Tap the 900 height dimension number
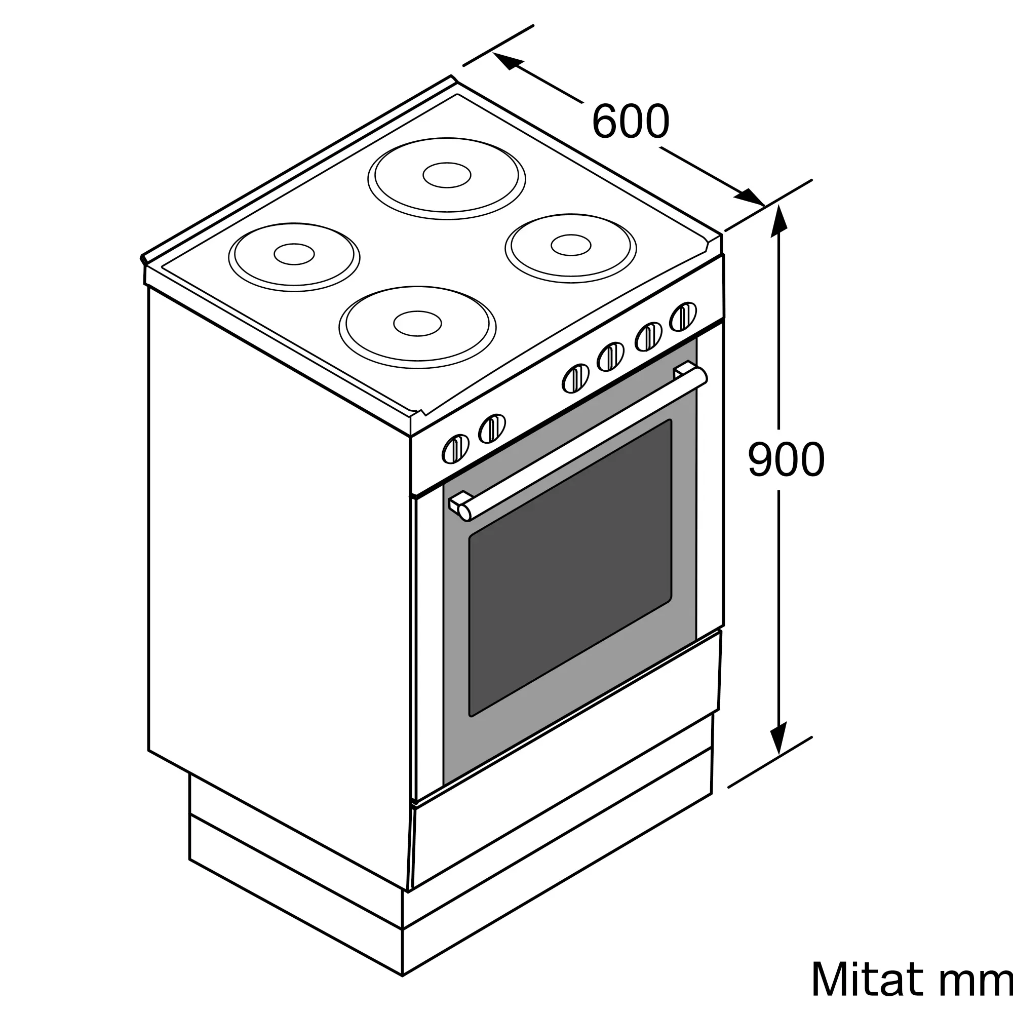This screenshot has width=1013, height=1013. (x=787, y=459)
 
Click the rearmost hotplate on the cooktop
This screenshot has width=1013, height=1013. (x=447, y=178)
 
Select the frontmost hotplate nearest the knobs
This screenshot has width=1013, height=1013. (x=417, y=327)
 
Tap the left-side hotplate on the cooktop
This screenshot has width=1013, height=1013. (x=294, y=257)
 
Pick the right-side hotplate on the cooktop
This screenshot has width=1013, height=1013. (x=570, y=248)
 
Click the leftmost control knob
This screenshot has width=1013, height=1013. (x=456, y=449)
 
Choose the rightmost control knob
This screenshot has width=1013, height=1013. (x=683, y=317)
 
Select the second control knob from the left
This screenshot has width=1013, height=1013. (x=492, y=428)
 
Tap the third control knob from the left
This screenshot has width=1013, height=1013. (x=575, y=378)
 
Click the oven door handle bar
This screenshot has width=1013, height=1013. (x=582, y=444)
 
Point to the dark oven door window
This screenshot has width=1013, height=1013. (x=570, y=568)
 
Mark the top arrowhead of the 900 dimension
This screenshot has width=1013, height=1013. (x=778, y=221)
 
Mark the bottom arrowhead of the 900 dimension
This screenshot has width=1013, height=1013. (x=778, y=738)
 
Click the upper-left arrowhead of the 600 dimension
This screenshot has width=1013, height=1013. (x=508, y=61)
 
